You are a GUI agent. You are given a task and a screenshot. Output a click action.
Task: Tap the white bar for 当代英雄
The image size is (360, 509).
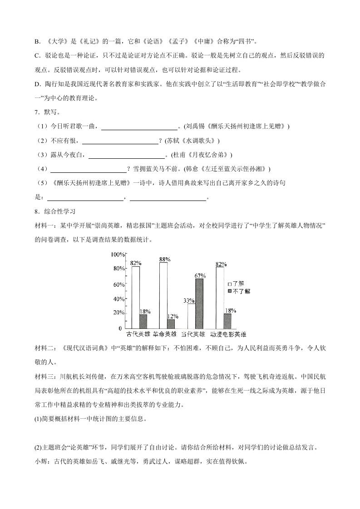191,316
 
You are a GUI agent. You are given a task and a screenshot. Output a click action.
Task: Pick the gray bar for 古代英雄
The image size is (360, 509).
143,321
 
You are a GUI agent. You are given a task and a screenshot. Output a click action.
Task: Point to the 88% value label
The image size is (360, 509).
164,259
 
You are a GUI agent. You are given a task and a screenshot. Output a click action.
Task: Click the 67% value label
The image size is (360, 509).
200,275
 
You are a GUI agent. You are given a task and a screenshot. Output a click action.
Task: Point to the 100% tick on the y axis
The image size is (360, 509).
118,254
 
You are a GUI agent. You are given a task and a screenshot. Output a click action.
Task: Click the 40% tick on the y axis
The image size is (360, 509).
119,299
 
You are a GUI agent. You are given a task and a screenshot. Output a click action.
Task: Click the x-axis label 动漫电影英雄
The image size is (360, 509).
228,334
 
